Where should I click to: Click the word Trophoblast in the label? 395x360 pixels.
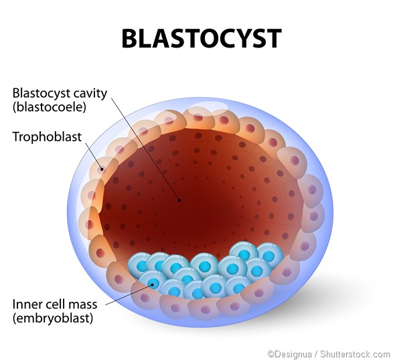pyautogui.click(x=47, y=137)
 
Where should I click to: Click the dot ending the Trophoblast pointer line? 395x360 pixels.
pyautogui.click(x=102, y=169)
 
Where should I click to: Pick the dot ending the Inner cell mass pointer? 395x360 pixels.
pyautogui.click(x=152, y=284)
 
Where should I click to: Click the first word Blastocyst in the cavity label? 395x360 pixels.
pyautogui.click(x=40, y=92)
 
